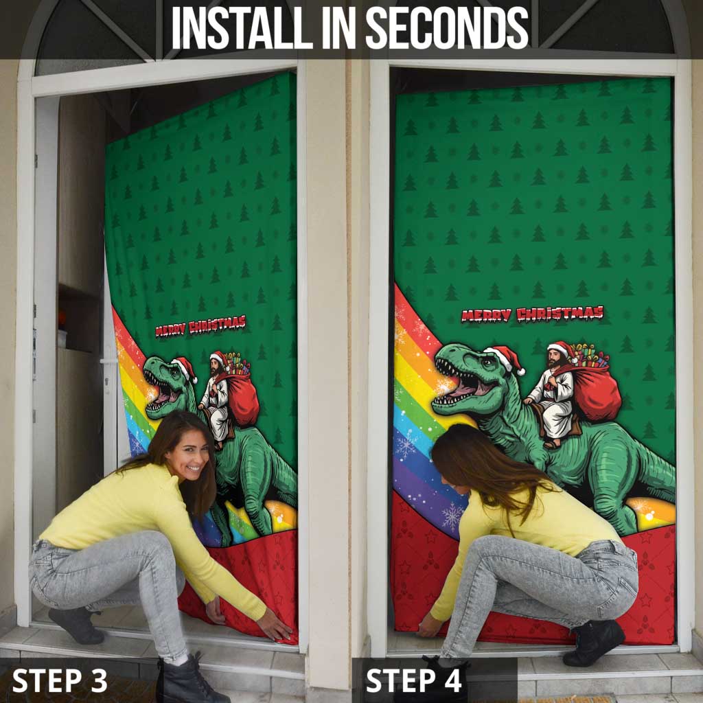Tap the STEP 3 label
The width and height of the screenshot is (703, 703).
60,680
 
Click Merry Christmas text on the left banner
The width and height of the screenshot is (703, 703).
200,325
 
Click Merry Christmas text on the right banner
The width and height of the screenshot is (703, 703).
532,314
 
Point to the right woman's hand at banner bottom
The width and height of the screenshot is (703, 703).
428,626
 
